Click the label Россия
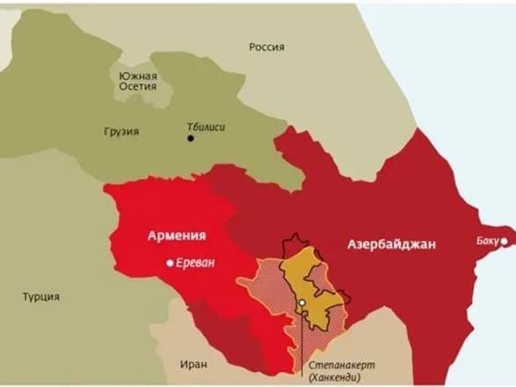[265, 47]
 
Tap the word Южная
[137, 76]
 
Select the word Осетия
[137, 87]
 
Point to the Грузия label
[121, 131]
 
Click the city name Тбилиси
[207, 127]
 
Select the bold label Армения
[176, 236]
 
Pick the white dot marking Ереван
[170, 263]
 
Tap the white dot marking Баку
[505, 240]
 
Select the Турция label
[41, 296]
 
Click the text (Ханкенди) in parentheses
[338, 376]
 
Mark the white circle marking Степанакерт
[302, 303]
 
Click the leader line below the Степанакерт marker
[302, 339]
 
